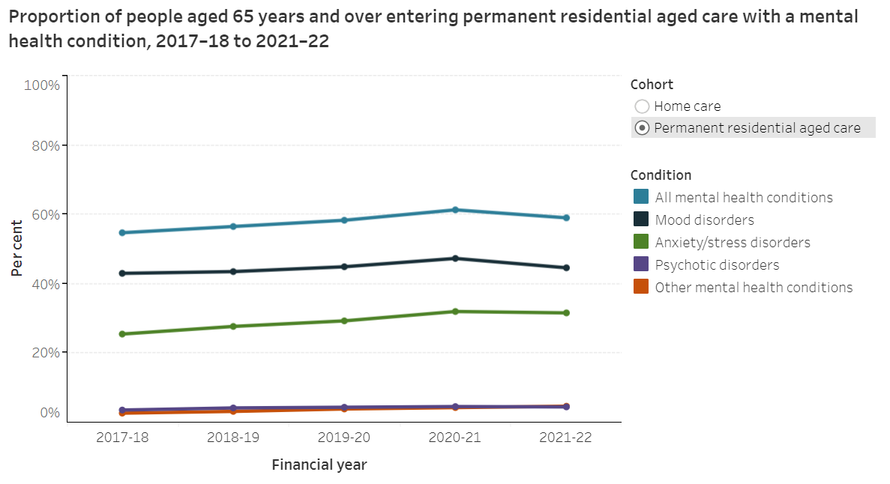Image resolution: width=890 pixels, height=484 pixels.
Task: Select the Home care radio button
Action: [642, 106]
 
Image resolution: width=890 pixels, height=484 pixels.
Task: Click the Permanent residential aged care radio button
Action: [642, 128]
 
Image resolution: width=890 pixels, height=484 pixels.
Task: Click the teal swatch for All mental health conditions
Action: [640, 198]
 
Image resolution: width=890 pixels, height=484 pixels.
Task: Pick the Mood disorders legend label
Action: [704, 220]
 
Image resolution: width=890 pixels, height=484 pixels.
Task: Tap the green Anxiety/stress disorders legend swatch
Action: [640, 243]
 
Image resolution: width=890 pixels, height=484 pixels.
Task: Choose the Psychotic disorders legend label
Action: [717, 265]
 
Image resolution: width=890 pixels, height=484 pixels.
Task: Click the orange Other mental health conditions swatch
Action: [640, 287]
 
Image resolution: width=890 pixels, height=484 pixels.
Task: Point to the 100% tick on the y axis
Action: [42, 85]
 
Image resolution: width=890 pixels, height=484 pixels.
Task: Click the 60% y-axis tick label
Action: [44, 214]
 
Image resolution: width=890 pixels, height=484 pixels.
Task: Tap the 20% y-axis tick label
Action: [44, 352]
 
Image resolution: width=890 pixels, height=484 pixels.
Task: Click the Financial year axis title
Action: [319, 465]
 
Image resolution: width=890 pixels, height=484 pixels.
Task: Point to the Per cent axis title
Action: [16, 249]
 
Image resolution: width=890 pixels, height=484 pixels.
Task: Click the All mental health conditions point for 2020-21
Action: [455, 210]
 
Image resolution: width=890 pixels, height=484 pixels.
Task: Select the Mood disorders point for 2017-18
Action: [122, 273]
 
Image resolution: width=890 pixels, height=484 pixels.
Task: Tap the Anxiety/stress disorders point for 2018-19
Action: [233, 327]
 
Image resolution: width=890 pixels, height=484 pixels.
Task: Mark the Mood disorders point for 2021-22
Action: [566, 267]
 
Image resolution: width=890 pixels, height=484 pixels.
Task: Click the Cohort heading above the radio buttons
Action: [652, 85]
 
